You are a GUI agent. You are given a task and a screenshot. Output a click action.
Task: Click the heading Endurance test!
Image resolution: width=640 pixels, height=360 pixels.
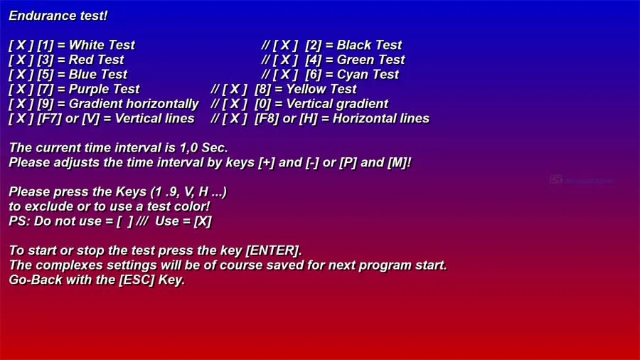pyautogui.click(x=58, y=16)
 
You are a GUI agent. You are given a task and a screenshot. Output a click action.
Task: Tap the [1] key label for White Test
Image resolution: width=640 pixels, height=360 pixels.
pyautogui.click(x=46, y=45)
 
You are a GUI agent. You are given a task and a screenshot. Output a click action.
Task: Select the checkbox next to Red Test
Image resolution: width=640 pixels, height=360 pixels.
pyautogui.click(x=21, y=60)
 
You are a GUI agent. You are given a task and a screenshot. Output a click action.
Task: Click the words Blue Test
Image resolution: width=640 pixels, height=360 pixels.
pyautogui.click(x=98, y=74)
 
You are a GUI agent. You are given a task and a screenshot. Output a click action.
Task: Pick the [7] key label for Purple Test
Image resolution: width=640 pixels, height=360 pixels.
pyautogui.click(x=46, y=89)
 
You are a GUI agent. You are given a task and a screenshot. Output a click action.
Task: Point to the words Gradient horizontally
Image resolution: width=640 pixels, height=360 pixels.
pyautogui.click(x=134, y=104)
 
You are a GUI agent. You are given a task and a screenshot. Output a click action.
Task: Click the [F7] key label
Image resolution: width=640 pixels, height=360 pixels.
pyautogui.click(x=49, y=118)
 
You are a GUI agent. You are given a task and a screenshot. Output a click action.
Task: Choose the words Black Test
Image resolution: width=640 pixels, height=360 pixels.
pyautogui.click(x=369, y=45)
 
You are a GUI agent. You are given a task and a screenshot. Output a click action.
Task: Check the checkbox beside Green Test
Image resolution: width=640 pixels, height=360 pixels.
pyautogui.click(x=286, y=60)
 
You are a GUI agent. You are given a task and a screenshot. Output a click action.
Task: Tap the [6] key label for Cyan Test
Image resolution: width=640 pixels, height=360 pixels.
pyautogui.click(x=313, y=74)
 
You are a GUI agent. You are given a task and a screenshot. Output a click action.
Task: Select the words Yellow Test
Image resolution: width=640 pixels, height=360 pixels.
pyautogui.click(x=321, y=89)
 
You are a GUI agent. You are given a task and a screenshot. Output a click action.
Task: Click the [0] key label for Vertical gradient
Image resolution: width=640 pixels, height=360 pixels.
pyautogui.click(x=262, y=104)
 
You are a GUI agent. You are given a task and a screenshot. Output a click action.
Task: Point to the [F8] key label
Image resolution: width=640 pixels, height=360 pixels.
pyautogui.click(x=267, y=118)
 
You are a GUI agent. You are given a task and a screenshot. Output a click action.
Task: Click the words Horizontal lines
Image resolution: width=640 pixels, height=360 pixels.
pyautogui.click(x=381, y=118)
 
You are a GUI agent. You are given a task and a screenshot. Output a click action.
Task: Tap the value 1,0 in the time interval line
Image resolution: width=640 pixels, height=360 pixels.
pyautogui.click(x=188, y=148)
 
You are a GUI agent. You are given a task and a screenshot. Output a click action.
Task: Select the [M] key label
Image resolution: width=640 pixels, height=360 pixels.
pyautogui.click(x=397, y=162)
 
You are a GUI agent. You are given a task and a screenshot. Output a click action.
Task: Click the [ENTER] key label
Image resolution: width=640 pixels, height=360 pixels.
pyautogui.click(x=272, y=250)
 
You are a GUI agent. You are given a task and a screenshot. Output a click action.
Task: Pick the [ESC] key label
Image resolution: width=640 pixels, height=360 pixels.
pyautogui.click(x=137, y=280)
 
